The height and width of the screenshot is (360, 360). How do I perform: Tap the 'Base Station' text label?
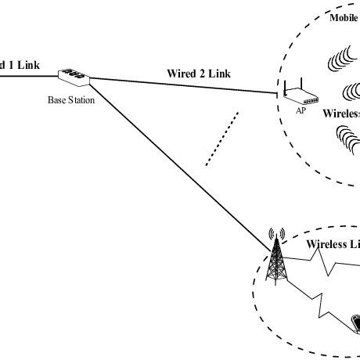(x=74, y=100)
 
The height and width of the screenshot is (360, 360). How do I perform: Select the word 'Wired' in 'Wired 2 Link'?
(x=182, y=73)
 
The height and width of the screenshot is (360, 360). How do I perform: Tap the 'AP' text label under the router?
(x=300, y=111)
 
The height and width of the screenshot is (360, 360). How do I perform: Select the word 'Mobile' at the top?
(x=343, y=16)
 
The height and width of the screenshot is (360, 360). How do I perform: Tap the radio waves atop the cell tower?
(x=274, y=234)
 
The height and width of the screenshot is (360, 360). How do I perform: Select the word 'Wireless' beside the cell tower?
(x=328, y=243)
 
